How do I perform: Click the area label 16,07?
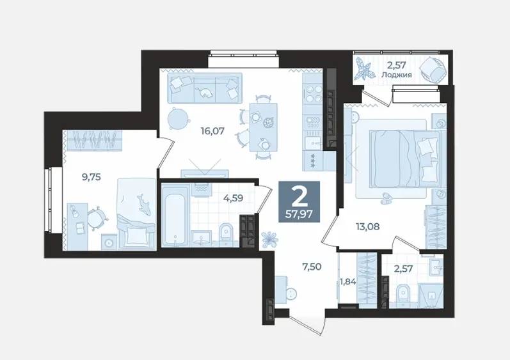click(x=212, y=131)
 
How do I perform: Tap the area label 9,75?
click(x=92, y=177)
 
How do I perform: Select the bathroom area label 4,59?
click(x=233, y=198)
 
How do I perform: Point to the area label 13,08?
click(x=367, y=226)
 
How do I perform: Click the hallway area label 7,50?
click(x=311, y=267)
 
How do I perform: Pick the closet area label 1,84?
click(x=347, y=282)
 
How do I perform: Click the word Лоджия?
click(x=397, y=75)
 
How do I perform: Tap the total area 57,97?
click(x=299, y=214)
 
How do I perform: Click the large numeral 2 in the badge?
click(x=299, y=197)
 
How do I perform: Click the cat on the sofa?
click(x=205, y=92)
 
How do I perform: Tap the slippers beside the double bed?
click(x=388, y=198)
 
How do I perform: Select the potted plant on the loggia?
click(x=364, y=69)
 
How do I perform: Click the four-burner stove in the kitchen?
click(x=313, y=93)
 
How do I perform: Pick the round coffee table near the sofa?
click(x=178, y=118)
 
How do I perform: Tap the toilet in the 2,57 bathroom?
click(x=404, y=294)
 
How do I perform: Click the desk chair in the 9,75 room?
click(x=97, y=217)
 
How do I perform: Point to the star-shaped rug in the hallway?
click(x=270, y=239)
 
